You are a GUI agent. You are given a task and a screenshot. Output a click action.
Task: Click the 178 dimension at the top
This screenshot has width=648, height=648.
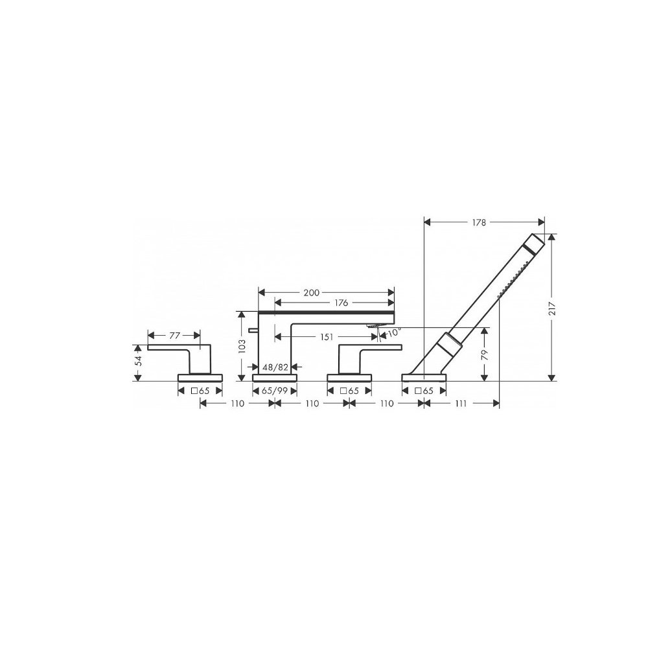click(479, 222)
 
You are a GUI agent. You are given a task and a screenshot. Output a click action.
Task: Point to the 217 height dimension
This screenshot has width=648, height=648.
click(552, 308)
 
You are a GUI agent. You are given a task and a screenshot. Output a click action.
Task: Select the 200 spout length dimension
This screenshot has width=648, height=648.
click(311, 293)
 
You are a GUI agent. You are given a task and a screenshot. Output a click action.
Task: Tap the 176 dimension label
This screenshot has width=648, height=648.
click(341, 303)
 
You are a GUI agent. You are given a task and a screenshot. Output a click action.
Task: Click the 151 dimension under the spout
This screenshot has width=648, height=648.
click(327, 337)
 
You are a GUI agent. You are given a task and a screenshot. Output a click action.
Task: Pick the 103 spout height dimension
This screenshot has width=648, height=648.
click(242, 345)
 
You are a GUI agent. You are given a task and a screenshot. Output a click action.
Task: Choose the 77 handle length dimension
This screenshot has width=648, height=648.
click(174, 335)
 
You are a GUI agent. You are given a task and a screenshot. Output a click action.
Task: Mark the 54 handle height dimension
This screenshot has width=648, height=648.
click(139, 361)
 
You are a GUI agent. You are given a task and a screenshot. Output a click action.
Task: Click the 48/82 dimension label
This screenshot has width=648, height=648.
click(275, 367)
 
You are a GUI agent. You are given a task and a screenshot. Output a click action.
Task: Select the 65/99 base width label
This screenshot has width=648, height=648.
click(275, 391)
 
